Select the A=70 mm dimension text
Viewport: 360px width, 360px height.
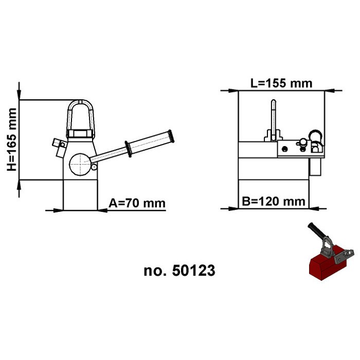138,203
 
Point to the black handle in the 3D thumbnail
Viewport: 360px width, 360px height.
314,230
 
